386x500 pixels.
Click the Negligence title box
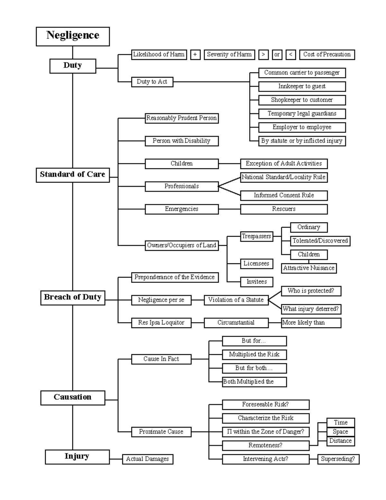point(73,36)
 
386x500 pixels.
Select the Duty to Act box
point(152,82)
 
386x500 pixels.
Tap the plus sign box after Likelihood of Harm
point(195,55)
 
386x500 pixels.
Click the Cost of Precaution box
point(327,55)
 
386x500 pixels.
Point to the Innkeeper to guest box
point(302,86)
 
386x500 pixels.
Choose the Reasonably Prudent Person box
point(181,118)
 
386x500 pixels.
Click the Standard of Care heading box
point(73,175)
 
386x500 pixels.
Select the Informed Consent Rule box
point(284,195)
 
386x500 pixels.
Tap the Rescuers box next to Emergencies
point(284,209)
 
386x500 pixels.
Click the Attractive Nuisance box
point(309,268)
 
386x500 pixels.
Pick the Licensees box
point(256,264)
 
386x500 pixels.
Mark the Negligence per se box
point(161,300)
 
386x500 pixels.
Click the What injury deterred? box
point(311,309)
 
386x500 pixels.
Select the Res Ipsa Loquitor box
point(161,323)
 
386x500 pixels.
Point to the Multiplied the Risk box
point(254,354)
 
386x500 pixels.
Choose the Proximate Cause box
point(161,432)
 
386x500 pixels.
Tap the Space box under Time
point(340,432)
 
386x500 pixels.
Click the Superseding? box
point(338,459)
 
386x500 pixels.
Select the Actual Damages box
point(147,459)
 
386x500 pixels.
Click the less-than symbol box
point(290,55)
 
